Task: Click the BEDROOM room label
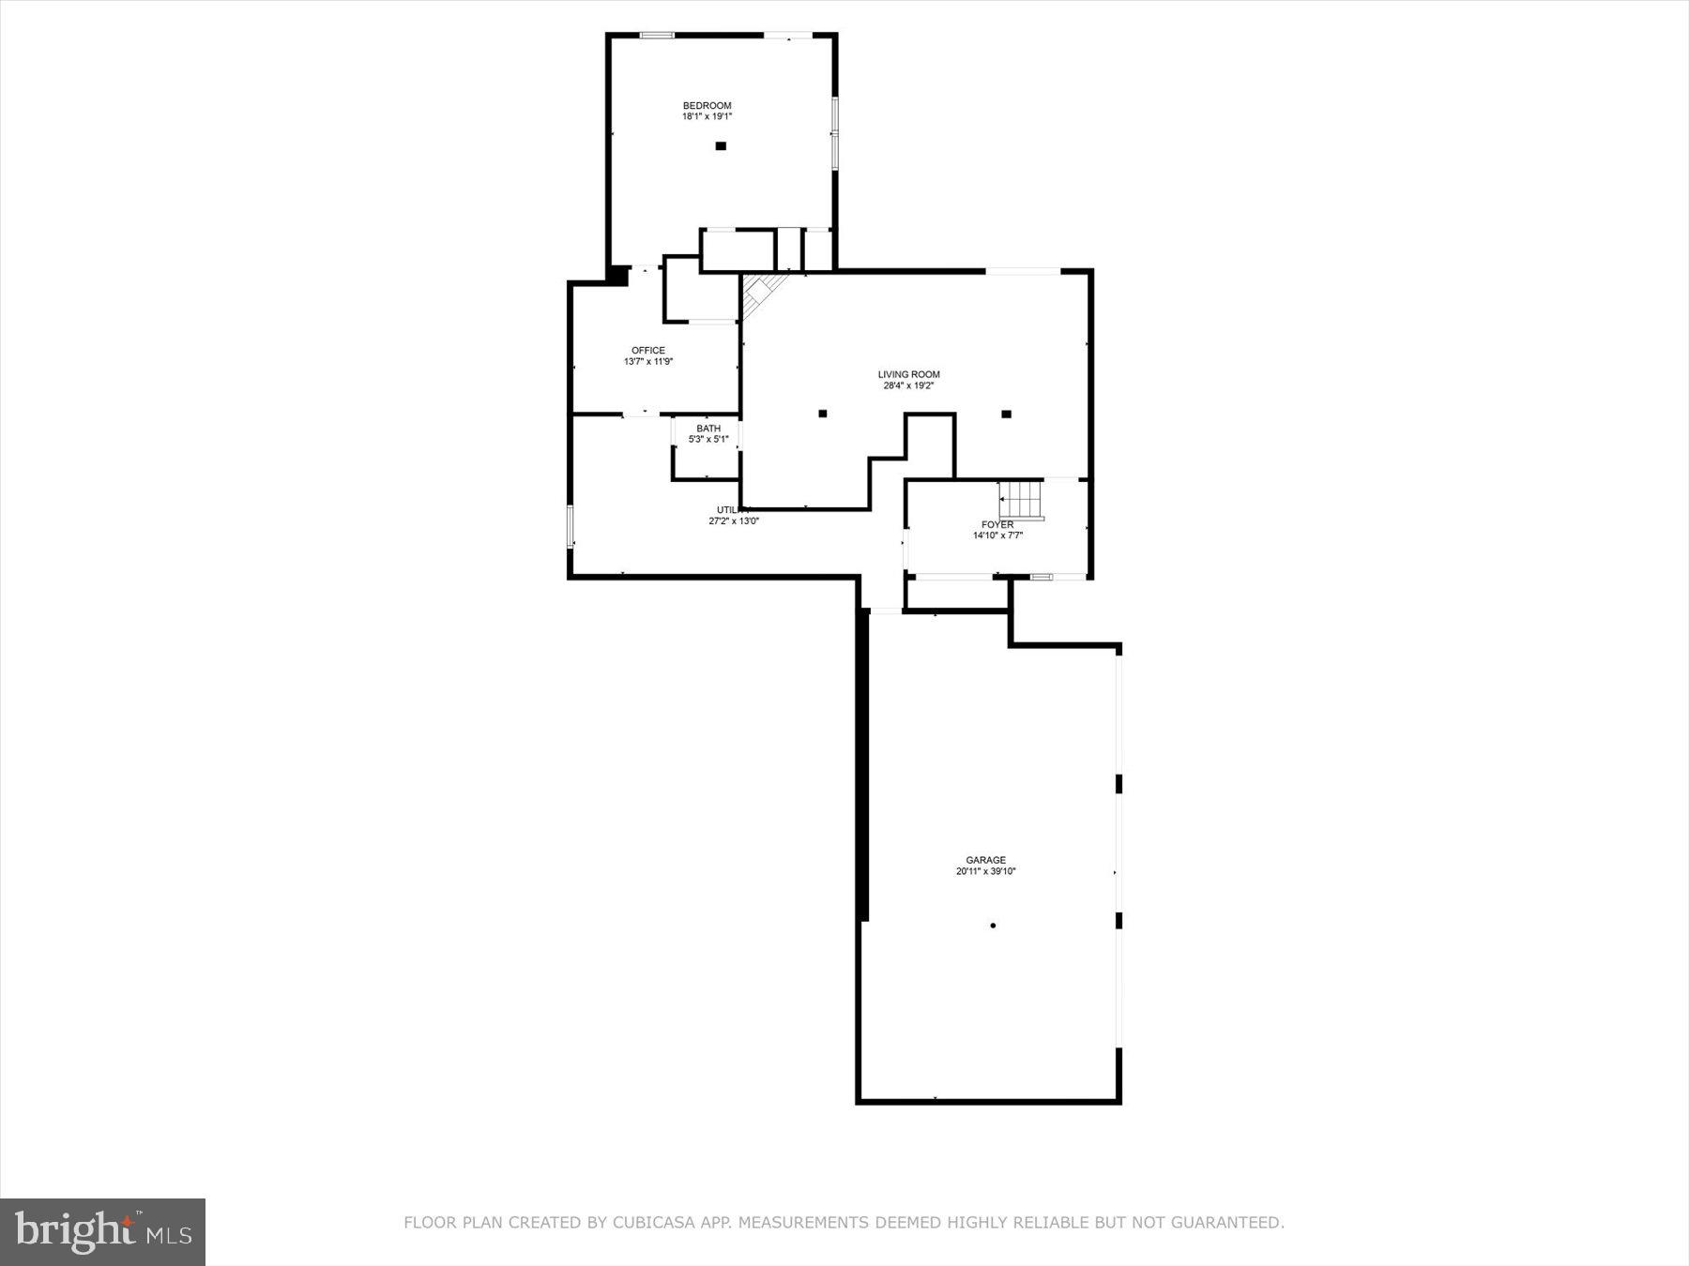tap(707, 105)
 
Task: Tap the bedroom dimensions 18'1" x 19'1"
tap(707, 117)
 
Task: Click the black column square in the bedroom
tap(721, 146)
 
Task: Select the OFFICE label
tap(648, 351)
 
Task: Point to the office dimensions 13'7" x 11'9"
tap(648, 362)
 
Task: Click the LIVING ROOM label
tap(908, 374)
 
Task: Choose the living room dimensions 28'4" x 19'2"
tap(908, 385)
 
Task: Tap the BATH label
tap(708, 429)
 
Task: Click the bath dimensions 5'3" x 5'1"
tap(708, 440)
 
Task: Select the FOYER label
tap(997, 524)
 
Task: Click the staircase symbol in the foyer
tap(1021, 499)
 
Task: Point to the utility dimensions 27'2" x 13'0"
tap(734, 521)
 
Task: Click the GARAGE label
tap(986, 860)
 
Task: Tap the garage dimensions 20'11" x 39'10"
tap(986, 871)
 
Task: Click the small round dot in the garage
tap(993, 926)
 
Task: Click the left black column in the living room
tap(823, 414)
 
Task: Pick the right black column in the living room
tap(1006, 414)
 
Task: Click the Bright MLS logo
tap(102, 1231)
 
